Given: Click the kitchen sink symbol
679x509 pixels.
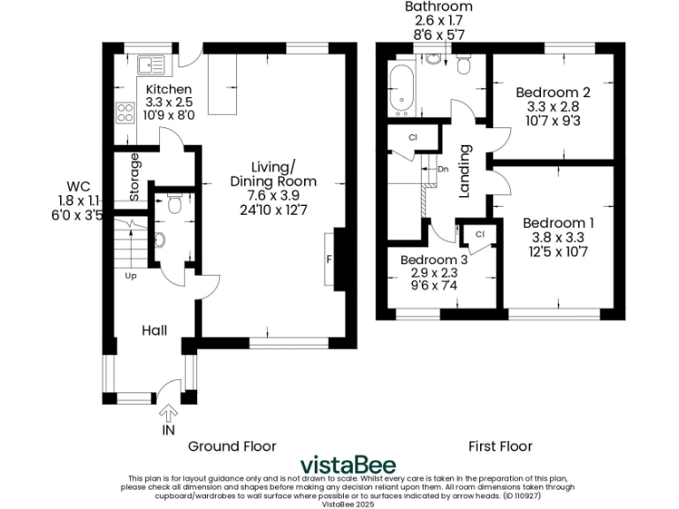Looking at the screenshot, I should pos(151,65).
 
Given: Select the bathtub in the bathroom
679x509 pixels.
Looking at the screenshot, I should pos(401,91).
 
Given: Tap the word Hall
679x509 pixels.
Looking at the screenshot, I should pos(155,330).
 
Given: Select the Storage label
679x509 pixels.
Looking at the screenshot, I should pos(135,178).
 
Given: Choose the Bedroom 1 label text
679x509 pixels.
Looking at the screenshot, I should pos(557,224).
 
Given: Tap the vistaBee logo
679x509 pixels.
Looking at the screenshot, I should pos(347,465).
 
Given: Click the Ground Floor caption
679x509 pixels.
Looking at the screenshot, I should pos(232,446).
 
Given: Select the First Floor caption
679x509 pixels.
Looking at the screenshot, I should pos(501,446).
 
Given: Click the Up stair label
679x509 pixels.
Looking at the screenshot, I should pos(130,275).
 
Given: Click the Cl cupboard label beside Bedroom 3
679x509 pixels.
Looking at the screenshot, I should pos(480,234).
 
